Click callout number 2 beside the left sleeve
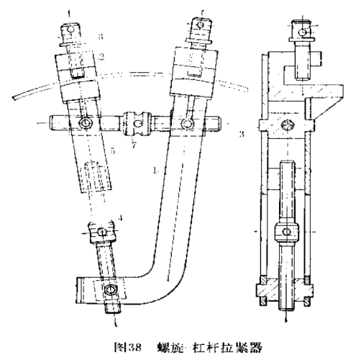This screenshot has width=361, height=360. pos(101,55)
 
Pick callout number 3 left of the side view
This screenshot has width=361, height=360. pos(243,133)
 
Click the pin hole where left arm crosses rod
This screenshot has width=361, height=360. pos(86,124)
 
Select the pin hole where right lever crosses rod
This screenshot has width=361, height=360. pos(188,125)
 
